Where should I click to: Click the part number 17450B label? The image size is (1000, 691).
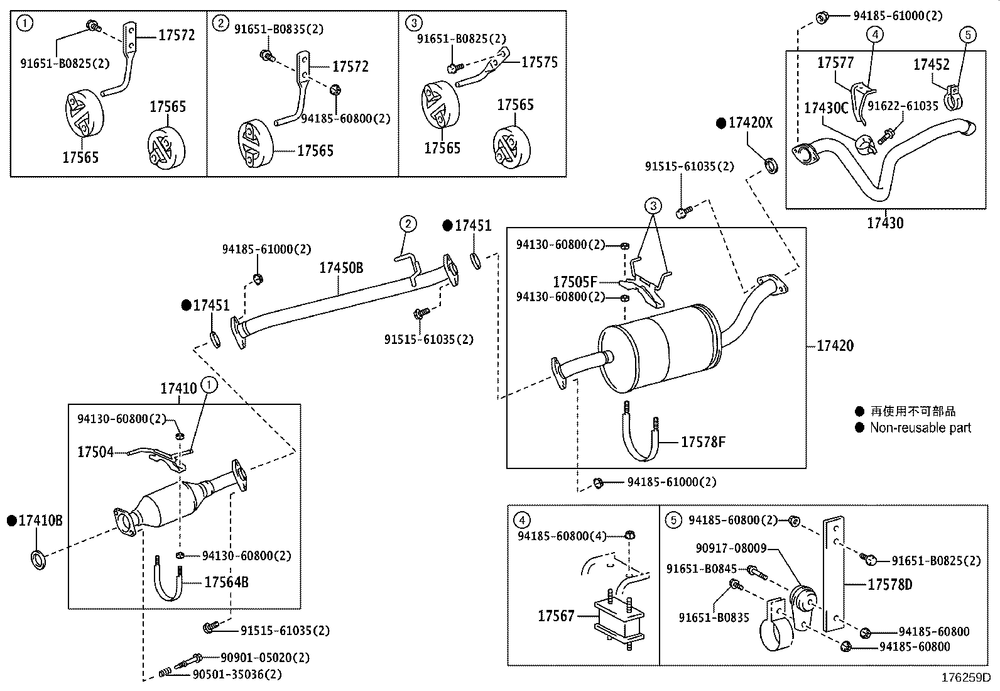[x=341, y=268]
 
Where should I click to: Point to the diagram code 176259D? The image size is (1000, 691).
[x=965, y=678]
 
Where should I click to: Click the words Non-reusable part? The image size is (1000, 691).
[x=920, y=428]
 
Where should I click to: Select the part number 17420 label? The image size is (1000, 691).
[x=835, y=345]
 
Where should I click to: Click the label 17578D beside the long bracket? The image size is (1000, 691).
[x=889, y=585]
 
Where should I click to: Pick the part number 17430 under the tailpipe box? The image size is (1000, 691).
[x=885, y=223]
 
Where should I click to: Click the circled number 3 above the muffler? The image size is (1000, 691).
[x=653, y=206]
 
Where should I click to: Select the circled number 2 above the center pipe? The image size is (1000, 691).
[x=408, y=223]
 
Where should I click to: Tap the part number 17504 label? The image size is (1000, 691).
[x=95, y=451]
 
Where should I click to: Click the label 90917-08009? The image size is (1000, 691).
[x=731, y=548]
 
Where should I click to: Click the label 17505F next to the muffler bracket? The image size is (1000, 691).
[x=575, y=282]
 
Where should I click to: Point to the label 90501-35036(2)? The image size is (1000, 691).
[x=237, y=674]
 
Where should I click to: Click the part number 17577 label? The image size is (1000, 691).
[x=835, y=62]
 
